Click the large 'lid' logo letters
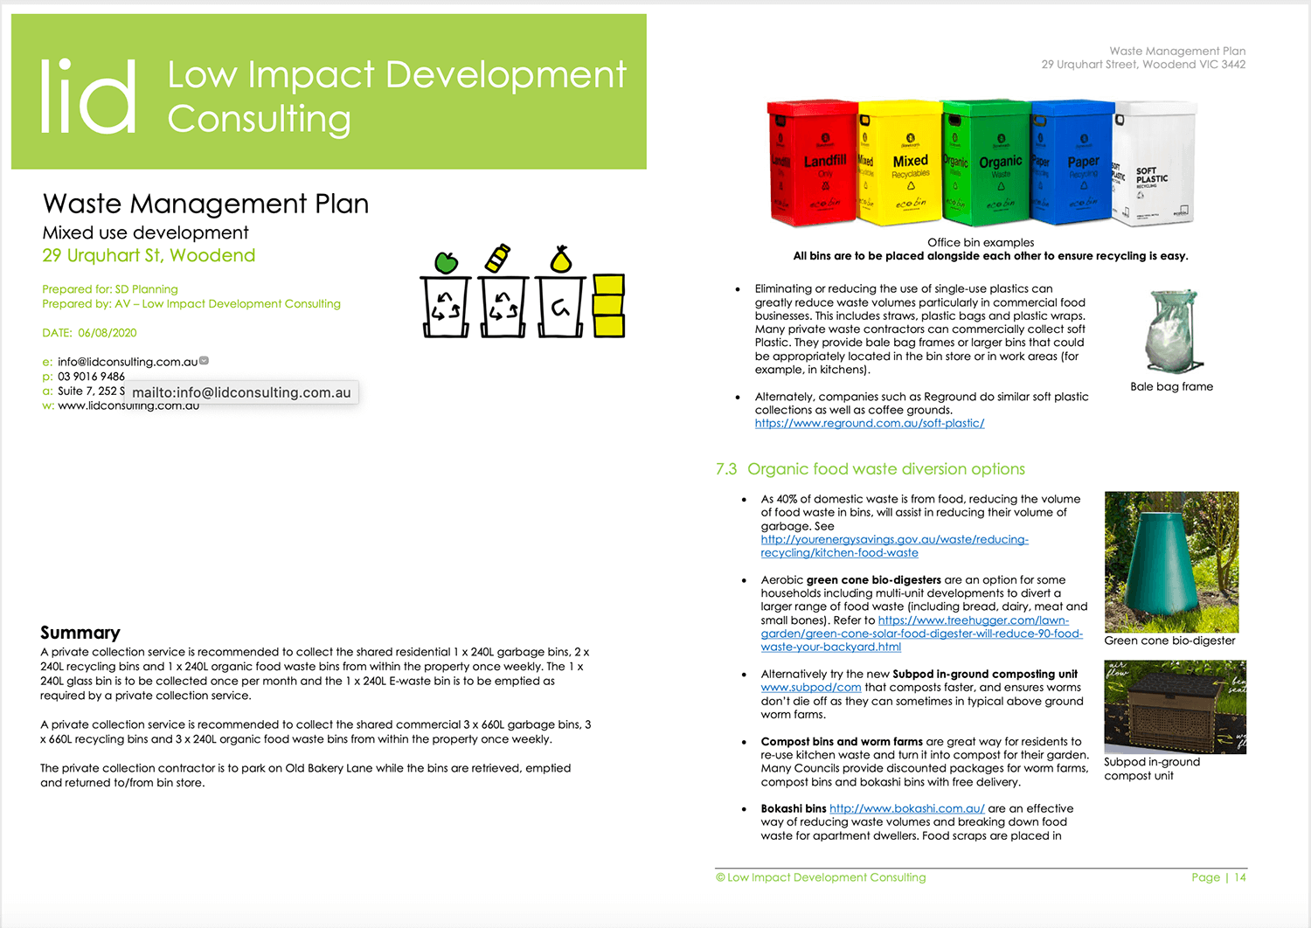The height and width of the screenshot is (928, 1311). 88,96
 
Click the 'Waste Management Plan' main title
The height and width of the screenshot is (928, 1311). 205,204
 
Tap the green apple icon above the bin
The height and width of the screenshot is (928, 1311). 446,261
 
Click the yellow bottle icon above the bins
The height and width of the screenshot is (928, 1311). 496,258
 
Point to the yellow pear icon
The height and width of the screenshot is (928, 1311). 560,260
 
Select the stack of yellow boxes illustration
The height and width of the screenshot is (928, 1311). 608,305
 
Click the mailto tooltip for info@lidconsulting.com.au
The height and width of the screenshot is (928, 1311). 241,392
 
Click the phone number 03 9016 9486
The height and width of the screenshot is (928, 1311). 91,377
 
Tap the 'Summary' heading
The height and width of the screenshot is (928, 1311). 80,633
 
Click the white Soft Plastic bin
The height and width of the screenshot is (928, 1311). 1154,164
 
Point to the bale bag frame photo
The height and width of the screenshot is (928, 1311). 1171,332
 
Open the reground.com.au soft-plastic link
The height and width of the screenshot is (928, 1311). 870,423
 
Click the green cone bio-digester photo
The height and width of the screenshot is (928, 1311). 1171,561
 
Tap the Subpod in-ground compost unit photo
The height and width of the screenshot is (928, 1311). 1175,706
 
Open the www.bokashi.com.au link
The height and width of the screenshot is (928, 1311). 906,808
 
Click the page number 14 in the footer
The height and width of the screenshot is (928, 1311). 1240,877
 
